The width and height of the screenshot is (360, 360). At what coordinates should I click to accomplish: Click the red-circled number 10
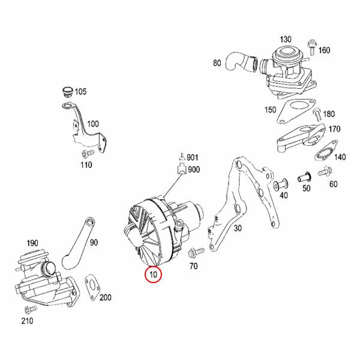154,275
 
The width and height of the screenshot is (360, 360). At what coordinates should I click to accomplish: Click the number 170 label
335,128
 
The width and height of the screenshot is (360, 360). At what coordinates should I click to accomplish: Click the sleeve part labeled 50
305,178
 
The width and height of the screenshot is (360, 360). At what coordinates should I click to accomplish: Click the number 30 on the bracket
238,228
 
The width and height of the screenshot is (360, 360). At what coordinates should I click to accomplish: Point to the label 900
194,170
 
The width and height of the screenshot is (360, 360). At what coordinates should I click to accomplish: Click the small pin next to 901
181,158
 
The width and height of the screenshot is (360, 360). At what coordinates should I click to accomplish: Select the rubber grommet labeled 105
67,92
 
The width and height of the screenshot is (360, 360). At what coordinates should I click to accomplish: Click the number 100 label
93,124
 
